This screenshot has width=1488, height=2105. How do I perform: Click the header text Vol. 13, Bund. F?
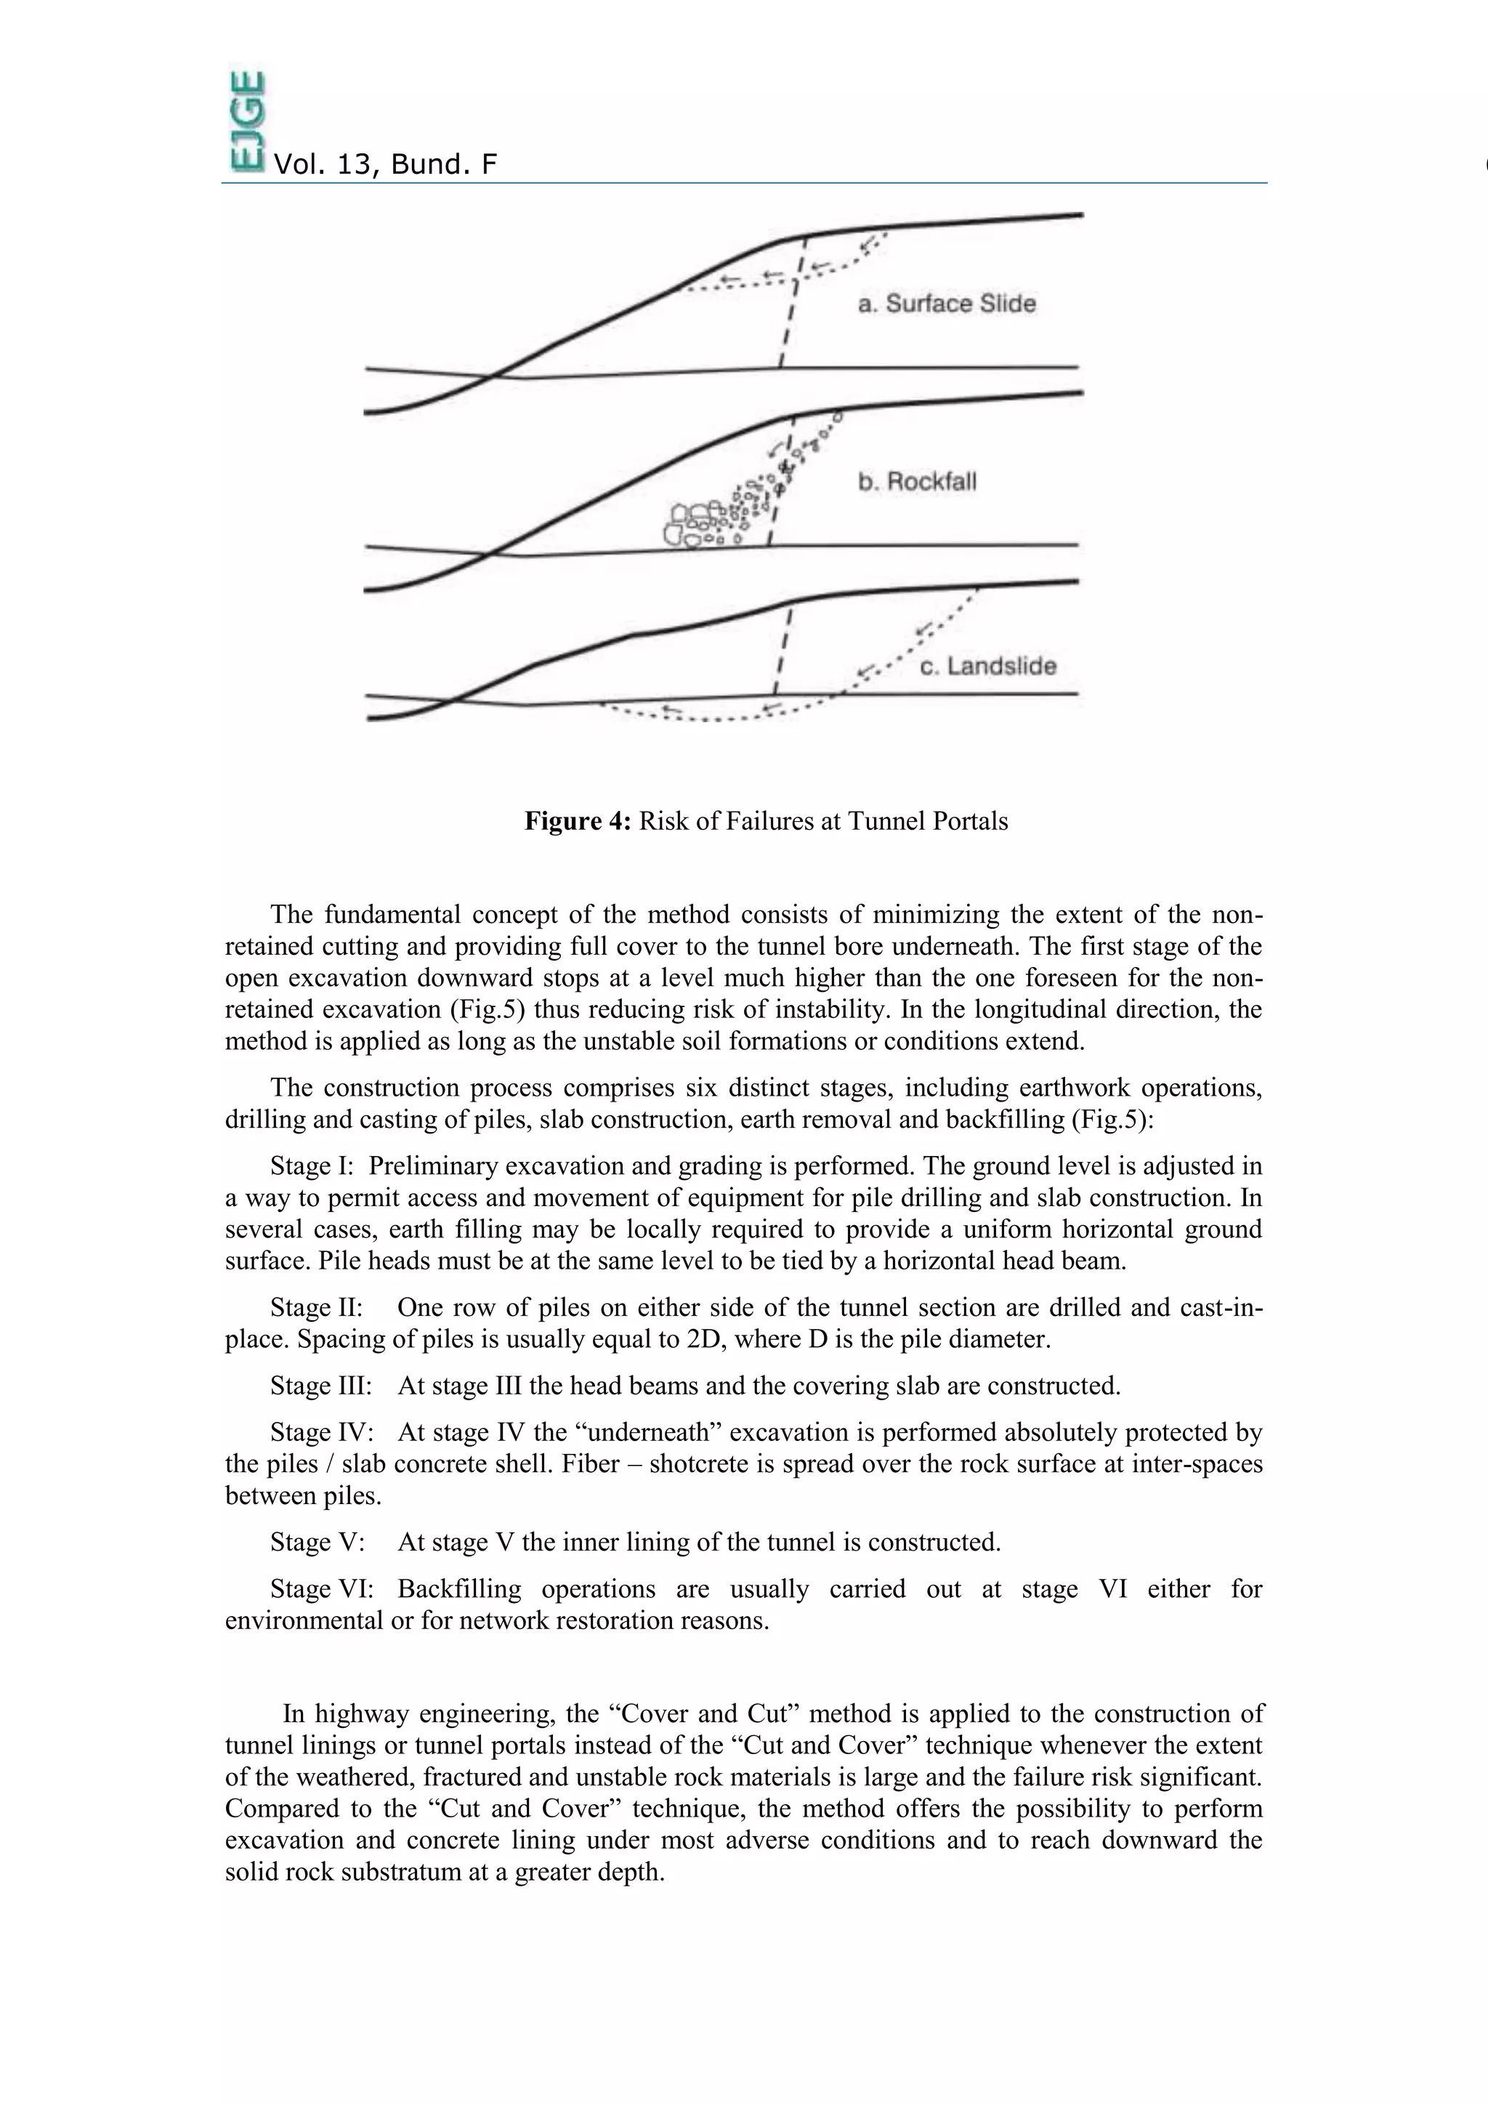pos(385,165)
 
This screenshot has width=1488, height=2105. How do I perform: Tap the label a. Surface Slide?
pos(946,304)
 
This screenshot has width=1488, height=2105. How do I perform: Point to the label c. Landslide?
pos(987,666)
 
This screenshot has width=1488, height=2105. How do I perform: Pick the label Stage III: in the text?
pos(321,1386)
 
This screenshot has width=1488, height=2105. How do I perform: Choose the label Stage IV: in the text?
pos(321,1432)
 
